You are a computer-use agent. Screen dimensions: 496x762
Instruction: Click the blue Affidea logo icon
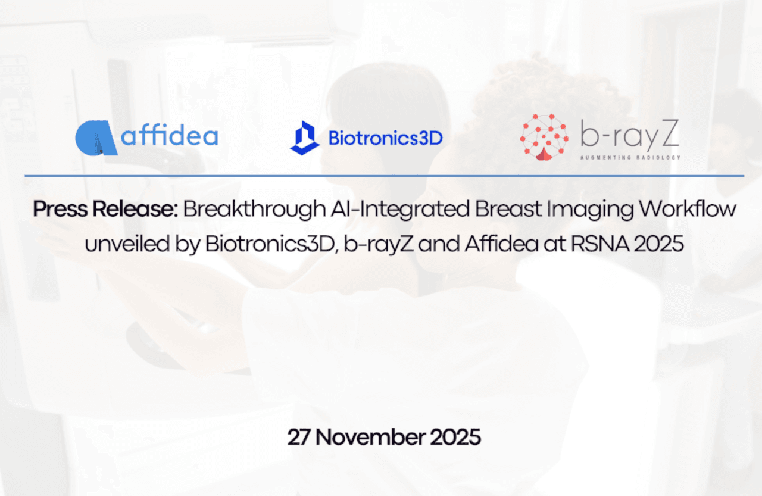point(95,138)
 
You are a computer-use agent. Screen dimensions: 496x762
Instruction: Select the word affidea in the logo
point(170,136)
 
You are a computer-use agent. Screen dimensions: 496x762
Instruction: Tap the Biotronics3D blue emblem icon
point(305,138)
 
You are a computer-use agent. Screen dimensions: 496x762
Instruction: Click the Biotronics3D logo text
point(385,139)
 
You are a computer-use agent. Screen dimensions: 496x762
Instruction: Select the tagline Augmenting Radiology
point(630,158)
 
